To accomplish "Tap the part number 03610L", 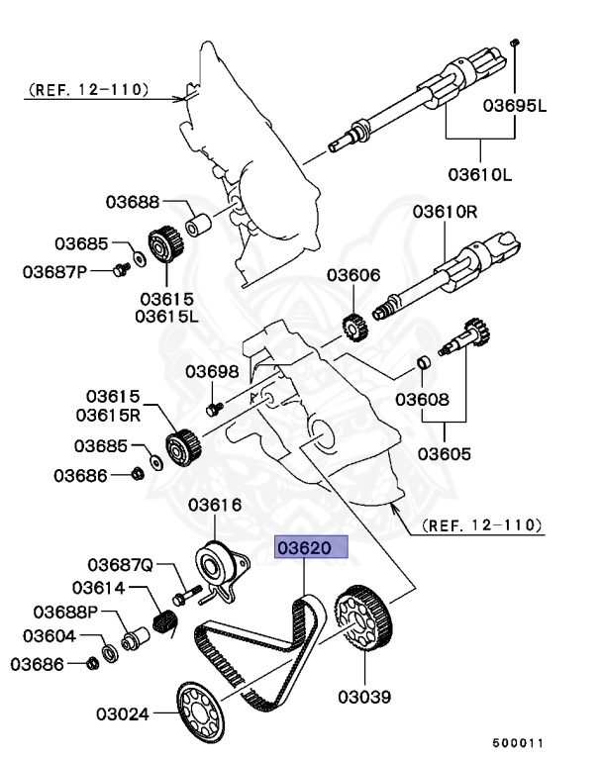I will [480, 175].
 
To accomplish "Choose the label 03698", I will [213, 372].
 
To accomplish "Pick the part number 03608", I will [423, 400].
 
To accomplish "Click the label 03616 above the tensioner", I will [215, 506].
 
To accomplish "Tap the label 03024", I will [124, 712].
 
